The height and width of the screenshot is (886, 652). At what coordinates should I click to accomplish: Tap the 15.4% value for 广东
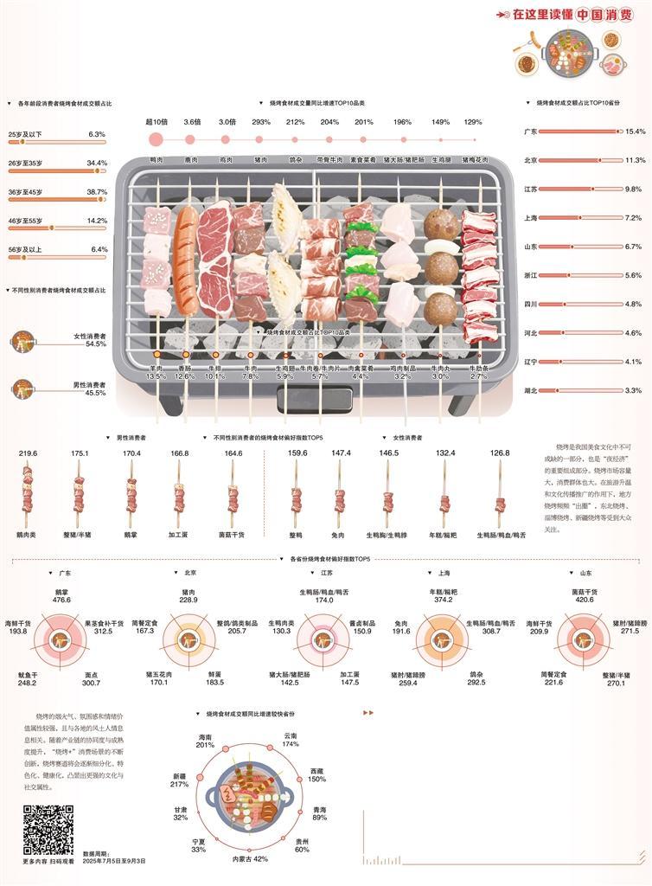(635, 132)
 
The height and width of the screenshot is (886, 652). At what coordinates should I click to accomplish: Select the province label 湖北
(531, 391)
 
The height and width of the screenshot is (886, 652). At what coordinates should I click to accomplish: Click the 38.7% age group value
(96, 192)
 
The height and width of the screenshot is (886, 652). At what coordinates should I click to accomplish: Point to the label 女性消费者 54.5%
(90, 339)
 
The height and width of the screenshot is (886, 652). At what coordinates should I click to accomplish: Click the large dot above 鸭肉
(156, 139)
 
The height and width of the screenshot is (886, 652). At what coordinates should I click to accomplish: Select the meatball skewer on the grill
(440, 268)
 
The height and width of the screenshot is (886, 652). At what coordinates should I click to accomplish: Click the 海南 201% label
(205, 741)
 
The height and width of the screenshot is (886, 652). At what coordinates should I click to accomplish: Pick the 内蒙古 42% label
(249, 859)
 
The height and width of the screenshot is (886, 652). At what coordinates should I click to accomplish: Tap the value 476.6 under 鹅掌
(61, 600)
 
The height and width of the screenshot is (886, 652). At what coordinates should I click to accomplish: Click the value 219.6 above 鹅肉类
(29, 453)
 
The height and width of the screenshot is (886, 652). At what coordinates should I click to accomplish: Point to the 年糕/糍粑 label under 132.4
(444, 536)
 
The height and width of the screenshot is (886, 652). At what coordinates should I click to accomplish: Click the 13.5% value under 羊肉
(156, 376)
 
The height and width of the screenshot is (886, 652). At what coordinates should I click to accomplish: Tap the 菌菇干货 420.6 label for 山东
(585, 594)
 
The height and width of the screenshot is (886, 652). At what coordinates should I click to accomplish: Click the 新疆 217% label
(179, 780)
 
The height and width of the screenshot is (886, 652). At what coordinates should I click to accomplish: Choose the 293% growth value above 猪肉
(261, 122)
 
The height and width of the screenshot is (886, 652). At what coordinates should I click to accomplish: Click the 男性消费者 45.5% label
(90, 388)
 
